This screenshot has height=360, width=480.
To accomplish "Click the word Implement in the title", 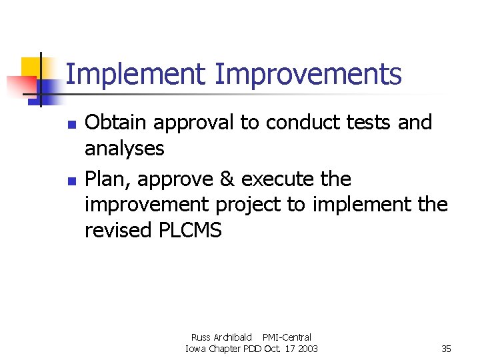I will point(136,75).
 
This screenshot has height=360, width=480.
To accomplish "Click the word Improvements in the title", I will point(308,75).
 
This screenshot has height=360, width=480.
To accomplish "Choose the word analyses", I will point(124,149).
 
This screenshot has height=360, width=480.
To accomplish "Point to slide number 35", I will point(446,349).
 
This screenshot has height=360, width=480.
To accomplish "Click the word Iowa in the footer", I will point(197,349).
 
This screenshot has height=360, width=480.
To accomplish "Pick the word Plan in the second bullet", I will point(106,179).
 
